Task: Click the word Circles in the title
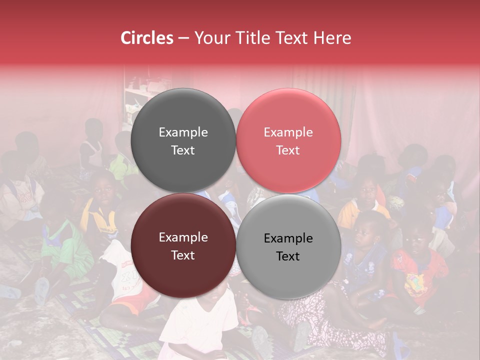[x=147, y=38]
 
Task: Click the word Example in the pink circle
[x=288, y=132]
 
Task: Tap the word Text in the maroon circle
[x=183, y=255]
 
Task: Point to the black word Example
[x=288, y=238]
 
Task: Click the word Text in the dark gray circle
[x=183, y=150]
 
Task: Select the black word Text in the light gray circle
[x=288, y=256]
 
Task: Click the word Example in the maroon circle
[x=183, y=237]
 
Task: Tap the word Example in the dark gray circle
[x=183, y=132]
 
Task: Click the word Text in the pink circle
[x=288, y=150]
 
